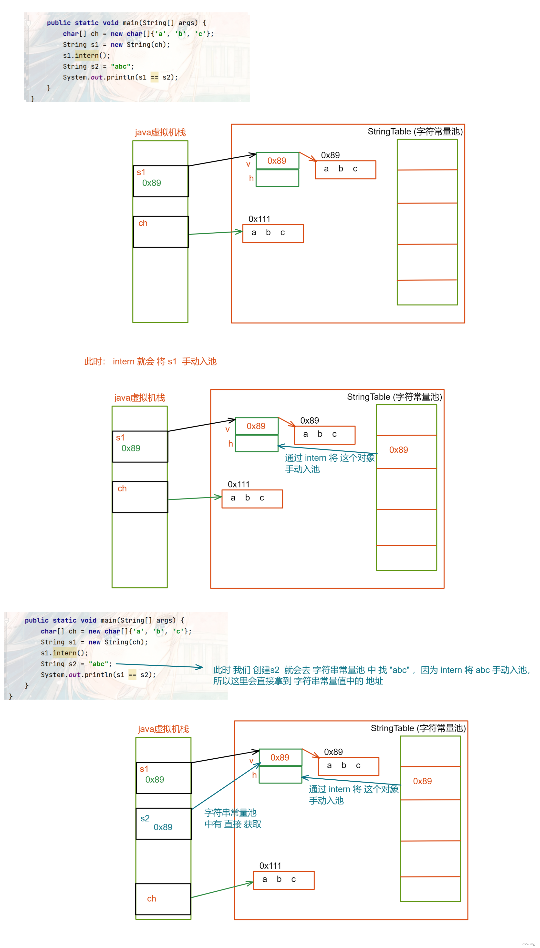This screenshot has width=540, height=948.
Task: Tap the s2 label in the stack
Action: (x=145, y=818)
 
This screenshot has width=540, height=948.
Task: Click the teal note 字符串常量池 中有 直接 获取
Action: (x=233, y=818)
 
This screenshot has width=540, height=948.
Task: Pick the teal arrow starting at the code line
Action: (x=159, y=666)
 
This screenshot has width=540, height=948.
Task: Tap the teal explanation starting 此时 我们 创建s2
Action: (x=371, y=675)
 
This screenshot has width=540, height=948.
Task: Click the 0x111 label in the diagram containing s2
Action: (x=270, y=866)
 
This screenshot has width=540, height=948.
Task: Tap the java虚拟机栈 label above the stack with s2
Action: (x=163, y=729)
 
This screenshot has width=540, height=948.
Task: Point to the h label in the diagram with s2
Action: (x=254, y=775)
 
